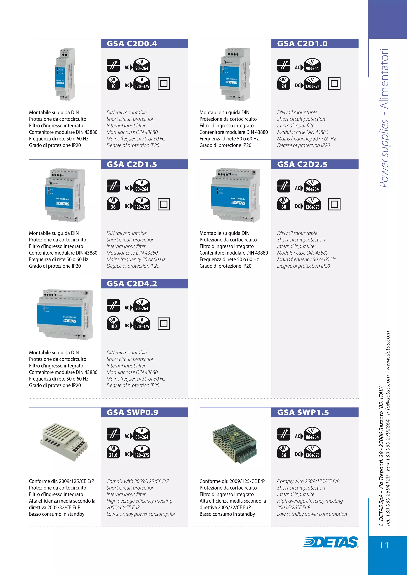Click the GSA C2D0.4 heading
[x=132, y=43]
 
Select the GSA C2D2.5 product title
[x=302, y=164]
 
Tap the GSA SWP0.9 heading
[x=132, y=412]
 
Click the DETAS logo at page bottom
[x=331, y=542]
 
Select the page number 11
[x=384, y=545]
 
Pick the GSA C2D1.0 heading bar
[x=315, y=43]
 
